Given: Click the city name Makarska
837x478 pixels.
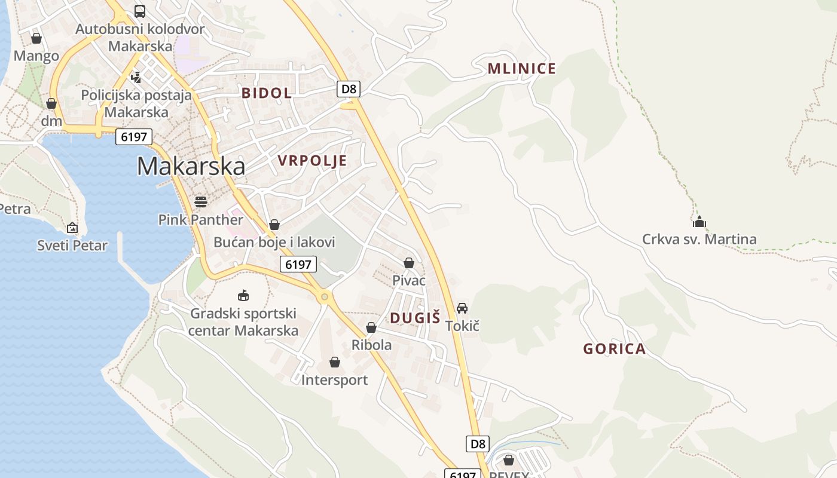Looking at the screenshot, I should (191, 166).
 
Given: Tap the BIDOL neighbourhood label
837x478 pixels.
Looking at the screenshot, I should (267, 93).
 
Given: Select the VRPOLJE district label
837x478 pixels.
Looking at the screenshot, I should (312, 160).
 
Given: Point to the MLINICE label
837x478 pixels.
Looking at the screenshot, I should (522, 69).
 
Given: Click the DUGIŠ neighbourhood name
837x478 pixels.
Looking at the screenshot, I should (415, 317).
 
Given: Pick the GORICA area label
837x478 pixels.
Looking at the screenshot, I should (615, 349).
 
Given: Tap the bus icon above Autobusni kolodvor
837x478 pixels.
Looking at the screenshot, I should (140, 11).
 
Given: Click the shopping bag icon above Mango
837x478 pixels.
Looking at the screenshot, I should (36, 38).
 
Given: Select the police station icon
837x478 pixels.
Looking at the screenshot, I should (136, 76).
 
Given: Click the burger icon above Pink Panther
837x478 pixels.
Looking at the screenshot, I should (200, 201).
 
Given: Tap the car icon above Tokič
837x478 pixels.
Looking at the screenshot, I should (462, 308).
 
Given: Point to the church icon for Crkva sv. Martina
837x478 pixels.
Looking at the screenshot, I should (699, 222).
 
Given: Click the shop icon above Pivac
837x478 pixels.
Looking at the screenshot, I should (409, 262).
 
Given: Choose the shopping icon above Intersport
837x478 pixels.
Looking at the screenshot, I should (335, 362).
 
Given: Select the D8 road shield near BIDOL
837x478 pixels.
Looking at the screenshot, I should (349, 90).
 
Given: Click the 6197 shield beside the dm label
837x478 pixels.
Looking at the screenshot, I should (133, 137).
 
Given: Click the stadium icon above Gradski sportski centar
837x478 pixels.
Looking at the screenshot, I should (243, 295).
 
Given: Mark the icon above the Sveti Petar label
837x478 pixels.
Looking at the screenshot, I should (72, 228).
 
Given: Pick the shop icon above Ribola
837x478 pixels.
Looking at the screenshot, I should (371, 327).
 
